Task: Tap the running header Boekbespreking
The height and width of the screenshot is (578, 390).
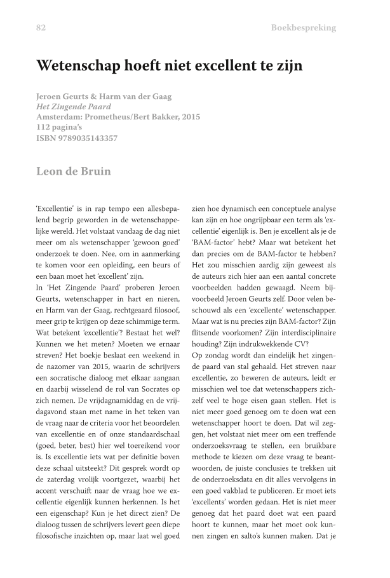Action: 303,28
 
